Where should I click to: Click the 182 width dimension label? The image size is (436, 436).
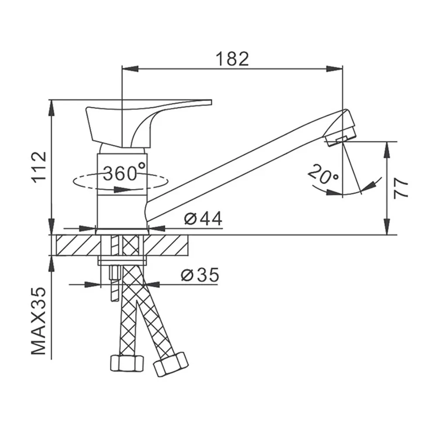(x=232, y=59)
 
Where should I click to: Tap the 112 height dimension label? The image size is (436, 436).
(x=40, y=167)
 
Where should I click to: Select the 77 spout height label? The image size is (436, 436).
(x=401, y=188)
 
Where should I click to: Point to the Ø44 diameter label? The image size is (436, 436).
(x=203, y=218)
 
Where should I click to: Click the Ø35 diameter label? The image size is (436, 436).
(x=200, y=275)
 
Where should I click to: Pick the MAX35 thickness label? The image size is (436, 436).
(x=39, y=321)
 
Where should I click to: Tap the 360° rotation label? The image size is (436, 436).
(x=124, y=173)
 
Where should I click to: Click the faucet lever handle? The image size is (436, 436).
(x=145, y=123)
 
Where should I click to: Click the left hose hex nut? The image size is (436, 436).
(x=127, y=363)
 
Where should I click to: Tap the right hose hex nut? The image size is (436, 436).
(x=171, y=364)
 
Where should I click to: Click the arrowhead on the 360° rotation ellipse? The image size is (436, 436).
(x=123, y=190)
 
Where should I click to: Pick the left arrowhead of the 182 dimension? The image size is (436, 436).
(x=130, y=69)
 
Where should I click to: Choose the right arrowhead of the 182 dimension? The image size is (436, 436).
(x=334, y=69)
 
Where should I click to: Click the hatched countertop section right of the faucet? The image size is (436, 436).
(x=166, y=245)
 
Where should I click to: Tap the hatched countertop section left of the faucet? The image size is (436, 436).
(x=78, y=245)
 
